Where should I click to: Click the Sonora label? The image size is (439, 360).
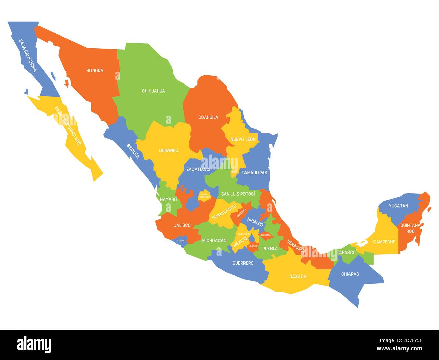[x=95, y=71]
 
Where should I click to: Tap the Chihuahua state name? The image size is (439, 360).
[x=153, y=91]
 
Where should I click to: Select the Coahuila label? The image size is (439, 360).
[x=208, y=117]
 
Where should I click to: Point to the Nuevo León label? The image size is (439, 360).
[x=243, y=139]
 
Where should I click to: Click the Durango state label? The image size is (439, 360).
[x=169, y=150]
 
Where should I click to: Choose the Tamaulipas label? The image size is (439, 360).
[x=254, y=173]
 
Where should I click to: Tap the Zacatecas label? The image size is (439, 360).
[x=199, y=169]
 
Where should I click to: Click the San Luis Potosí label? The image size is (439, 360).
[x=238, y=194]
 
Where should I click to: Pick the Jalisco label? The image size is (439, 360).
[x=182, y=225]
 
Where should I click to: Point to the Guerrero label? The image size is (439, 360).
[x=243, y=263]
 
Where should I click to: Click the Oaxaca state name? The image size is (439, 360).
[x=298, y=277]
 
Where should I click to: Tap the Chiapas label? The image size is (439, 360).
[x=350, y=274]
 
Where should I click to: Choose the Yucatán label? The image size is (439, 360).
[x=398, y=206]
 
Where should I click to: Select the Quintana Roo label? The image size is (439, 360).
[x=410, y=228]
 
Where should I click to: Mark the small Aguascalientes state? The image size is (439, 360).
[x=204, y=196]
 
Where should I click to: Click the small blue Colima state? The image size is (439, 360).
[x=181, y=241]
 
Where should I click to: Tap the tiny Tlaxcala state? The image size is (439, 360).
[x=265, y=235]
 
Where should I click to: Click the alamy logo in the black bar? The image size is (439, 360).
[x=34, y=344]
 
